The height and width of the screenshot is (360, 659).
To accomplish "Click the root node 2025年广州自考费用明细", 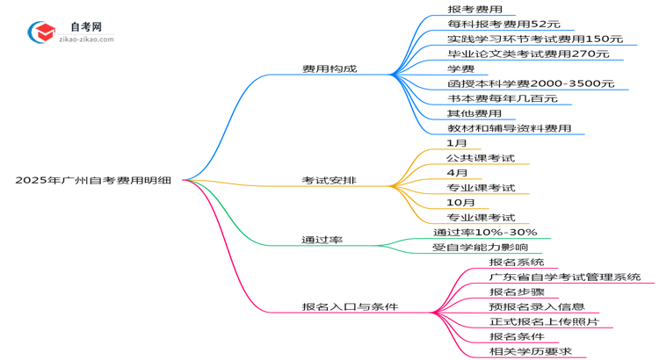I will click(92, 180).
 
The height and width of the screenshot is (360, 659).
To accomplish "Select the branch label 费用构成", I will click(329, 69).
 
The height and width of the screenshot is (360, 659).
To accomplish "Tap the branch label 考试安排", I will click(329, 181).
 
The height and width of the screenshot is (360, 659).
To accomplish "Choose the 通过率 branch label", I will click(322, 239).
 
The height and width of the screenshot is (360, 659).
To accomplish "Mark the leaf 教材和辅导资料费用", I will click(509, 128).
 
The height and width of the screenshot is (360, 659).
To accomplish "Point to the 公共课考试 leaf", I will click(481, 158).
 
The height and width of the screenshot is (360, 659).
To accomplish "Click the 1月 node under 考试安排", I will click(457, 143).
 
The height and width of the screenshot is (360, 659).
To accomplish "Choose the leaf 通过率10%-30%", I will click(485, 232).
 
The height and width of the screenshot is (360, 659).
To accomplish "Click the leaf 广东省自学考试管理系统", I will click(565, 277).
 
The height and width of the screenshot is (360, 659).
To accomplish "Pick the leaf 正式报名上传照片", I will click(544, 322).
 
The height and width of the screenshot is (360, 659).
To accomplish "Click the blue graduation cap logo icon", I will click(41, 32).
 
